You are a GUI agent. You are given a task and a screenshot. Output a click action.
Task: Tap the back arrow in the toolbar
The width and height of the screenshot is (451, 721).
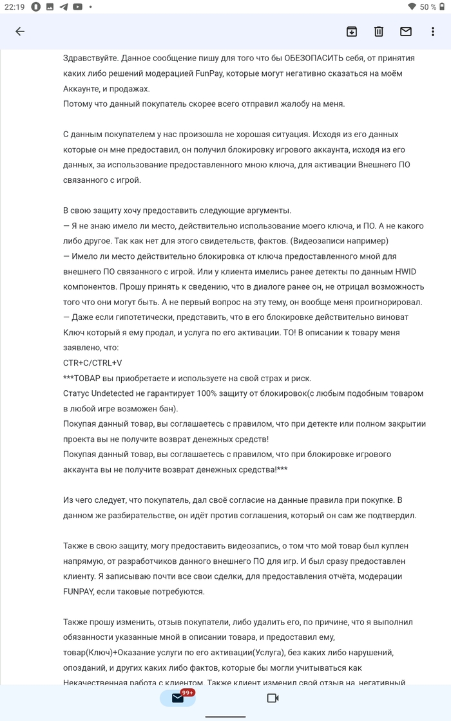tap(20, 32)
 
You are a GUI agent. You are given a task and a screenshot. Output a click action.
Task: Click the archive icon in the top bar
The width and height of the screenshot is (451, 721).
tap(352, 32)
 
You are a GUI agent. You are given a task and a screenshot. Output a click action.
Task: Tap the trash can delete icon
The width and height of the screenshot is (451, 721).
tap(379, 32)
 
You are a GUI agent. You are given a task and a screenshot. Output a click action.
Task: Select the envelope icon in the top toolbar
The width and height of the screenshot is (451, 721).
tap(406, 32)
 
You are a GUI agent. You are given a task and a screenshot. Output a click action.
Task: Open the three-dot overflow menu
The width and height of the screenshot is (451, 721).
tap(433, 32)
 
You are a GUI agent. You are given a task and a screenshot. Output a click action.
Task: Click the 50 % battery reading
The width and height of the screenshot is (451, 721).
tap(428, 6)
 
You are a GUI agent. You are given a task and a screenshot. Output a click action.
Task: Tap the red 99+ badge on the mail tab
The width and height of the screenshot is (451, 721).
tap(188, 693)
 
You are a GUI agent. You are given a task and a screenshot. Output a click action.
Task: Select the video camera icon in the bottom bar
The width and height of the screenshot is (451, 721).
tap(273, 698)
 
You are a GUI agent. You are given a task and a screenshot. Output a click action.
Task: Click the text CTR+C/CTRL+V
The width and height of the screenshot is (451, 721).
tap(93, 362)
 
